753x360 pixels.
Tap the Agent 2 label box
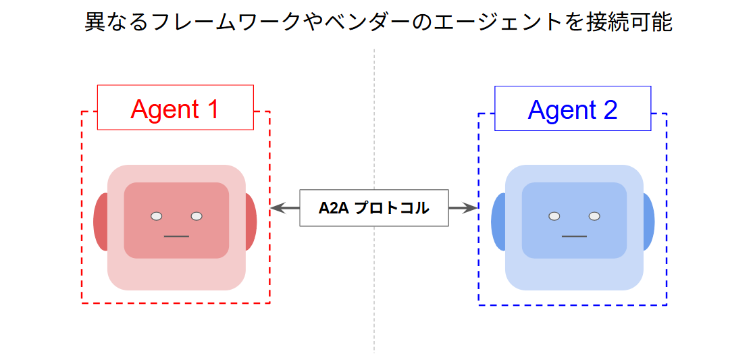point(572,108)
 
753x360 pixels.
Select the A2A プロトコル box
point(373,208)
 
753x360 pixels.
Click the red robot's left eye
point(157,216)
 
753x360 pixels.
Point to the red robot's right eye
point(197,216)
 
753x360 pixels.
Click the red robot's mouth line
point(176,236)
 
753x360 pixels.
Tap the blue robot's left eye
point(554,216)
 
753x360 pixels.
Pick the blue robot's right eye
point(594,216)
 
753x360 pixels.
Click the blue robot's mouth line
point(574,236)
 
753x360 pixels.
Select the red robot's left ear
point(101,222)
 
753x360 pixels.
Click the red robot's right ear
point(251,222)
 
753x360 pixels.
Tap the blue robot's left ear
point(498,222)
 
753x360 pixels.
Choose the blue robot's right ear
point(648,222)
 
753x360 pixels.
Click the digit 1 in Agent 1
point(212,109)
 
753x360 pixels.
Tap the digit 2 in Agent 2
point(610,109)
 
